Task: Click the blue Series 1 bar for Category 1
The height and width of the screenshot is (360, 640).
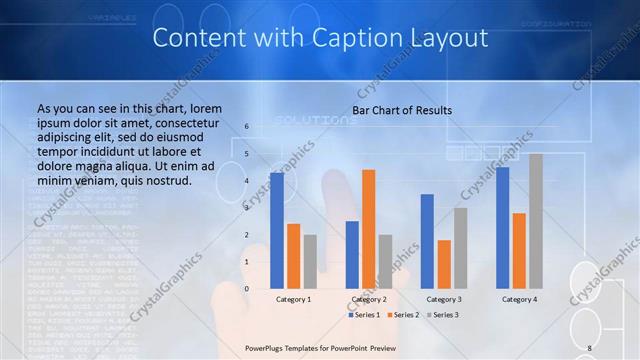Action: [277, 230]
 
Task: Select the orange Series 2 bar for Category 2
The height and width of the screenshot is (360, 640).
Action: [369, 229]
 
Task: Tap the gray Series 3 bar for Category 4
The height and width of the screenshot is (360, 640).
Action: [536, 221]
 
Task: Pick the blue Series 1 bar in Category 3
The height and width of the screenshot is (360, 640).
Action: [427, 241]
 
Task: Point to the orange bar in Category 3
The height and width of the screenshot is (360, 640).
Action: [444, 264]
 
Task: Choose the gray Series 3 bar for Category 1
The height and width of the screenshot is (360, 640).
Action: [310, 261]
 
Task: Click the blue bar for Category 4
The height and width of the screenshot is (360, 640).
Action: [502, 227]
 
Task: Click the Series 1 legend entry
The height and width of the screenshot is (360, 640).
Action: [366, 315]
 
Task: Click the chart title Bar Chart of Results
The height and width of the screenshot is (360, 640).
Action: [402, 110]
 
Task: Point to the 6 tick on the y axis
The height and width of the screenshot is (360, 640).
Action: [246, 127]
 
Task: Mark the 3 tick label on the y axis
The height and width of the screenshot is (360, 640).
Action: [246, 208]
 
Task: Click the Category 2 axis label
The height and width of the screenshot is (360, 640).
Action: [368, 299]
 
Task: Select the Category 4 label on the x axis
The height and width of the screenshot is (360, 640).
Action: [519, 299]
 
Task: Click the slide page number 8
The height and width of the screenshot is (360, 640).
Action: [590, 347]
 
